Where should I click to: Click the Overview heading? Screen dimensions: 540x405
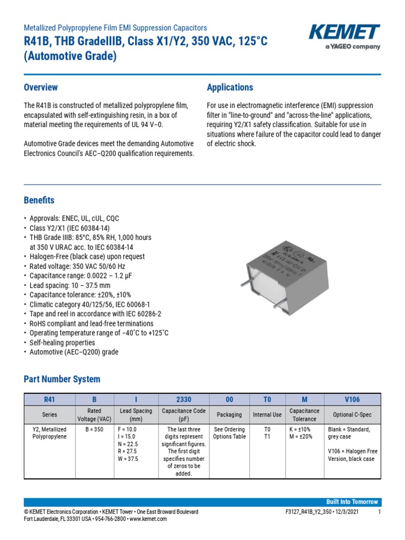pos(41,88)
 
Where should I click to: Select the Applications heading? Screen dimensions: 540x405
pos(230,88)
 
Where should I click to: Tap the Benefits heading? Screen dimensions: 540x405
pos(39,200)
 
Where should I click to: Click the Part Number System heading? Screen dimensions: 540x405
pos(62,379)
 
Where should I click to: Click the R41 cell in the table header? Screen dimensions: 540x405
pos(50,400)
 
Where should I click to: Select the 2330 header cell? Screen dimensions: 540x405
pos(183,400)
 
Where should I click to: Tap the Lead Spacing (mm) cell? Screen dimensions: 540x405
pos(136,414)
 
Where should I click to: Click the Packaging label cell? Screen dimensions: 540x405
pos(229,414)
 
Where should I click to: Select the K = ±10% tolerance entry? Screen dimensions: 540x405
pos(300,429)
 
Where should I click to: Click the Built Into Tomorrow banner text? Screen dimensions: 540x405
pos(352,502)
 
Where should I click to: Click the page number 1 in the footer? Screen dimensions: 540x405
pos(379,512)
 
